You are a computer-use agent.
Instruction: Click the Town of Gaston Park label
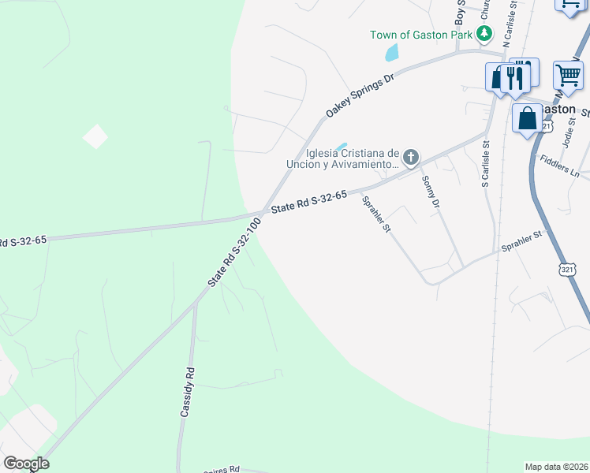(x=421, y=35)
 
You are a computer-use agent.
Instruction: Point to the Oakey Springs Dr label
(x=360, y=96)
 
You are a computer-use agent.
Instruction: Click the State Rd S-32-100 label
(x=234, y=252)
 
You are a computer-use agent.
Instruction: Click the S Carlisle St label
(x=486, y=164)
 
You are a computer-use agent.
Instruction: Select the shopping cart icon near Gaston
(x=568, y=76)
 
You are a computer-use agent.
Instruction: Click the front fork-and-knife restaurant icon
(x=515, y=78)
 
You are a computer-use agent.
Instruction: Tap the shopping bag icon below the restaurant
(x=527, y=119)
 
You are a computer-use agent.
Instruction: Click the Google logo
(x=26, y=464)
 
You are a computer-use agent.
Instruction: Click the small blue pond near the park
(x=391, y=54)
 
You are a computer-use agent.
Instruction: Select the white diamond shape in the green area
(x=95, y=136)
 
